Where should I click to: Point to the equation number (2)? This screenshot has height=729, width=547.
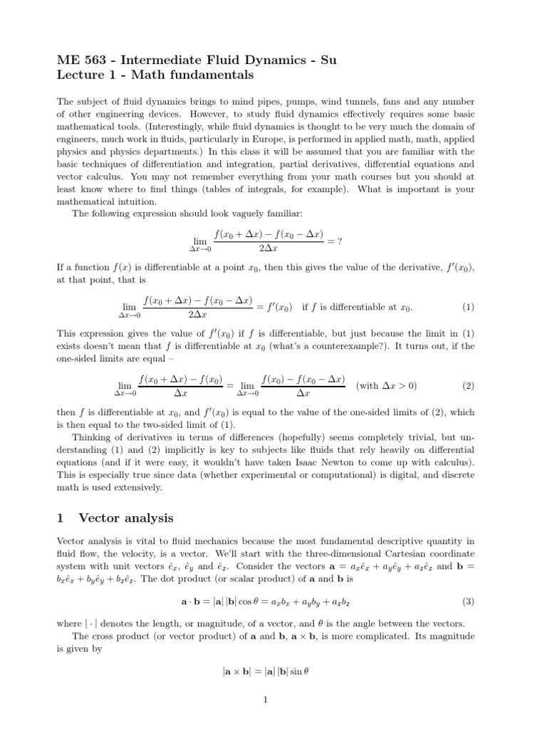click(468, 386)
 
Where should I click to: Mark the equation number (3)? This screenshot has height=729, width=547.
click(468, 582)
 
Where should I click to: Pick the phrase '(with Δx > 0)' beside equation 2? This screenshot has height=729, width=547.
click(387, 386)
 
